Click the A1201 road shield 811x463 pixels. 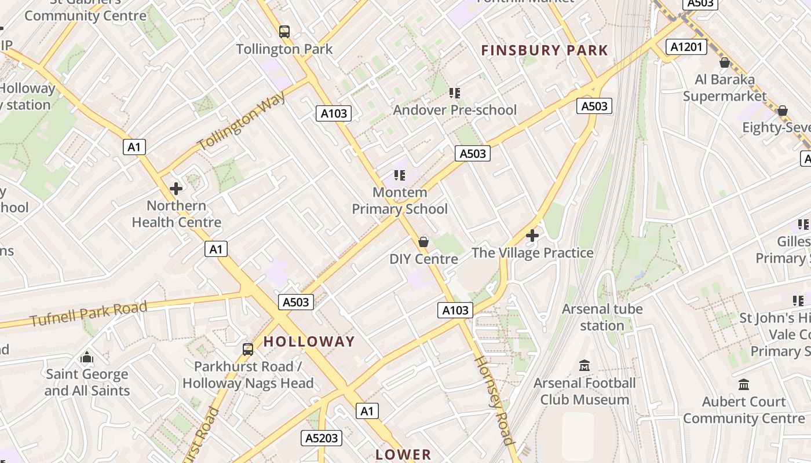click(x=686, y=47)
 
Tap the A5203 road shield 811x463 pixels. click(x=322, y=438)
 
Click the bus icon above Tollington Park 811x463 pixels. click(x=284, y=31)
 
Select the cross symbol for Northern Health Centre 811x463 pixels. click(x=176, y=188)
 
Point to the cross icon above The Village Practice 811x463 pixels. click(x=532, y=236)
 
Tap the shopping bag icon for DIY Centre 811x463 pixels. click(x=423, y=241)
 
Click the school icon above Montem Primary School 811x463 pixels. click(x=400, y=175)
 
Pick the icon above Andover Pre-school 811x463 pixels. click(x=455, y=93)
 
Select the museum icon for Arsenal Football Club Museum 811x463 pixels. click(x=584, y=366)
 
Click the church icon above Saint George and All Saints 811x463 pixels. click(x=87, y=357)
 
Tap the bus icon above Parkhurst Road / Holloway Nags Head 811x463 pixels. click(x=248, y=349)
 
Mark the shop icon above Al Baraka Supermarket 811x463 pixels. click(x=724, y=63)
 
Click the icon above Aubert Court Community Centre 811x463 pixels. click(x=744, y=384)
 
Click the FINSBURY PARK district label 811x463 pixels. click(x=545, y=50)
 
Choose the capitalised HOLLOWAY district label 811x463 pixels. click(x=309, y=341)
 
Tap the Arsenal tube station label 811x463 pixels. click(x=602, y=317)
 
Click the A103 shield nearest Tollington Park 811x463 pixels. click(x=334, y=113)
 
